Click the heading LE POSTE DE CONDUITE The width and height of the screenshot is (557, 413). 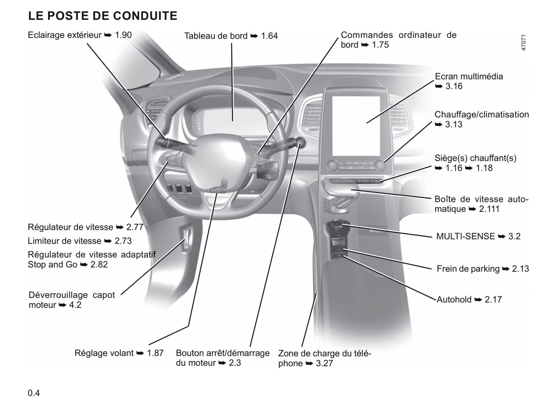[103, 16]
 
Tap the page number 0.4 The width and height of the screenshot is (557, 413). [34, 393]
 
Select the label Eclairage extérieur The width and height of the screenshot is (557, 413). [64, 35]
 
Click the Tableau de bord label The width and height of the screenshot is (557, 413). [215, 36]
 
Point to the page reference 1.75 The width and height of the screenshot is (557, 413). [380, 45]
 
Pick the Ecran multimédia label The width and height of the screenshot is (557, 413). [469, 76]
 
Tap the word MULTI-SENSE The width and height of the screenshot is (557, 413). [465, 236]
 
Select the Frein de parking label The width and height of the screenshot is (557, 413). [468, 269]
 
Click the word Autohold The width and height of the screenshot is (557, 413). [454, 300]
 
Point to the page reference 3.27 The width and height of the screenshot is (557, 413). [324, 364]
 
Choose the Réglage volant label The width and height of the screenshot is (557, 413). [104, 353]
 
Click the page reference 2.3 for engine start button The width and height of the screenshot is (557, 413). [234, 363]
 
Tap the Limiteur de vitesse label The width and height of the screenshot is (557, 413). [64, 241]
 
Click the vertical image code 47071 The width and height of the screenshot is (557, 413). [523, 43]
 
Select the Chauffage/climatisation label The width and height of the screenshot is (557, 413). [481, 115]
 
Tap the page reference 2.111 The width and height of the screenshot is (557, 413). [489, 209]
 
